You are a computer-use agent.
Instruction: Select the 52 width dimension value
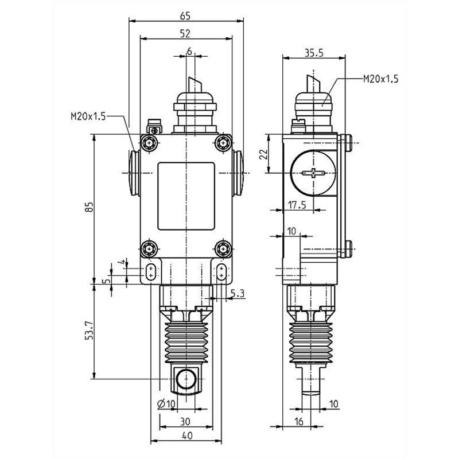(x=185, y=34)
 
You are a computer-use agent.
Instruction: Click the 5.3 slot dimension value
(x=238, y=294)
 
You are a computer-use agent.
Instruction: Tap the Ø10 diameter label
(x=166, y=403)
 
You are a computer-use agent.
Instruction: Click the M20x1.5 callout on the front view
(x=88, y=116)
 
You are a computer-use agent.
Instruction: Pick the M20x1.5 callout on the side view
(x=380, y=79)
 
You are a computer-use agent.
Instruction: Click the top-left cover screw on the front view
(x=151, y=143)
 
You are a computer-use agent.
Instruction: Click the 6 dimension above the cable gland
(x=189, y=50)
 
